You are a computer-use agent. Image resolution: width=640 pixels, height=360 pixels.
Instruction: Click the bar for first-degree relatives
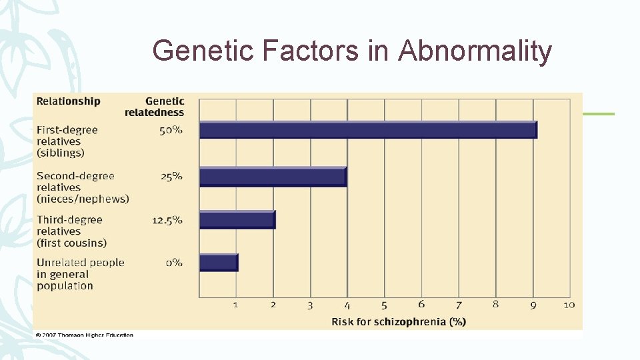368,130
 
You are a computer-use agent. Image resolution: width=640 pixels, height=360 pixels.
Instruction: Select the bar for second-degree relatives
273,177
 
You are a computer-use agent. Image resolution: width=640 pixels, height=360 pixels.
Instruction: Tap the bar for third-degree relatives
237,220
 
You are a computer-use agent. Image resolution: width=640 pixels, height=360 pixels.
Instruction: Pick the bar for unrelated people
218,262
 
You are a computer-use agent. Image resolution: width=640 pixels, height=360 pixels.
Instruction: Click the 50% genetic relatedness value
171,130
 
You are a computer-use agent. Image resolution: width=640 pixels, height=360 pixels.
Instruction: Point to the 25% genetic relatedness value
171,177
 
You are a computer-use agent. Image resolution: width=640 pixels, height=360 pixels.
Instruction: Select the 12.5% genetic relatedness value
167,220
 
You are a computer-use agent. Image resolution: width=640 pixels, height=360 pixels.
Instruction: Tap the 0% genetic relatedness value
173,263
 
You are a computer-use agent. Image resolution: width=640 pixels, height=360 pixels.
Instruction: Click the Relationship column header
69,101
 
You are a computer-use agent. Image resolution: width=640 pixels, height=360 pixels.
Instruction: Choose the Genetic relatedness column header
155,107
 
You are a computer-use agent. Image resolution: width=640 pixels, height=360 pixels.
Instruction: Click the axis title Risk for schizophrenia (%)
399,322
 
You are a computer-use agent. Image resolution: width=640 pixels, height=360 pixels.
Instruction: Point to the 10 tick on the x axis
569,305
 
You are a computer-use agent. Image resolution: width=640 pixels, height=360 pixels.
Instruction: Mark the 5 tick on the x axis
384,305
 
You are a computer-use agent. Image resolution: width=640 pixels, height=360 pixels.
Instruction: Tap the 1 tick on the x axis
235,305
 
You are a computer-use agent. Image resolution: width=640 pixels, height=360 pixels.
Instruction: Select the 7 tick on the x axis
458,305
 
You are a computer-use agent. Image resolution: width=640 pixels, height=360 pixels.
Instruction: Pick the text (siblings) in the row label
61,153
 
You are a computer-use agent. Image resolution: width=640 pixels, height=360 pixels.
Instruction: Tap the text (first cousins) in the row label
71,243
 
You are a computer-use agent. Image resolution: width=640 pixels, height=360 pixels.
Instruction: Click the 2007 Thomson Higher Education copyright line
84,335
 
